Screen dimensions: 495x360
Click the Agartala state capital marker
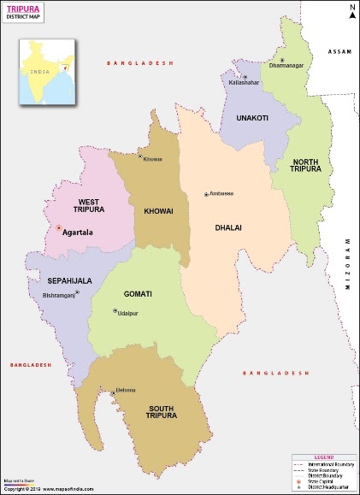coord(58,229)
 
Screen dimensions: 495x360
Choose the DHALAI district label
coord(227,227)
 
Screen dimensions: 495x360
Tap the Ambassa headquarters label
coord(221,194)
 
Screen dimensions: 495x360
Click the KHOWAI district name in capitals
coord(158,210)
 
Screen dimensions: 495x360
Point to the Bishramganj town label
coord(59,295)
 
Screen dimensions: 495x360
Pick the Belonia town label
coord(126,391)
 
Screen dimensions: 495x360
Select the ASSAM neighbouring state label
coord(339,52)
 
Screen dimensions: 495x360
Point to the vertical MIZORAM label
coord(348,265)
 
